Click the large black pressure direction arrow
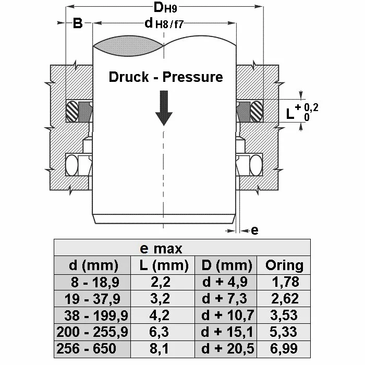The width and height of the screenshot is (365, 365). (x=164, y=107)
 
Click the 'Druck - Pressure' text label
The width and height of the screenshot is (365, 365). (x=165, y=77)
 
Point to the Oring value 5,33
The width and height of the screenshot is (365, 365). (x=285, y=332)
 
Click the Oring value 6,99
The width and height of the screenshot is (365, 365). (x=285, y=349)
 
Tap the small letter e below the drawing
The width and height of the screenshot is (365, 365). (x=254, y=230)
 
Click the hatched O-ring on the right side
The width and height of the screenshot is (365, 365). (x=256, y=111)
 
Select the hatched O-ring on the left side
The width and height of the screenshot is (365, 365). (x=72, y=111)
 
